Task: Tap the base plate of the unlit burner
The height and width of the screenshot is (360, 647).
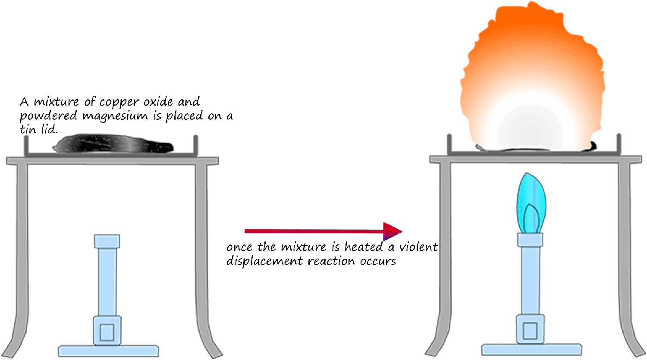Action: [107, 350]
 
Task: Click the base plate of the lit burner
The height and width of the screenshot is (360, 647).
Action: [531, 349]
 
